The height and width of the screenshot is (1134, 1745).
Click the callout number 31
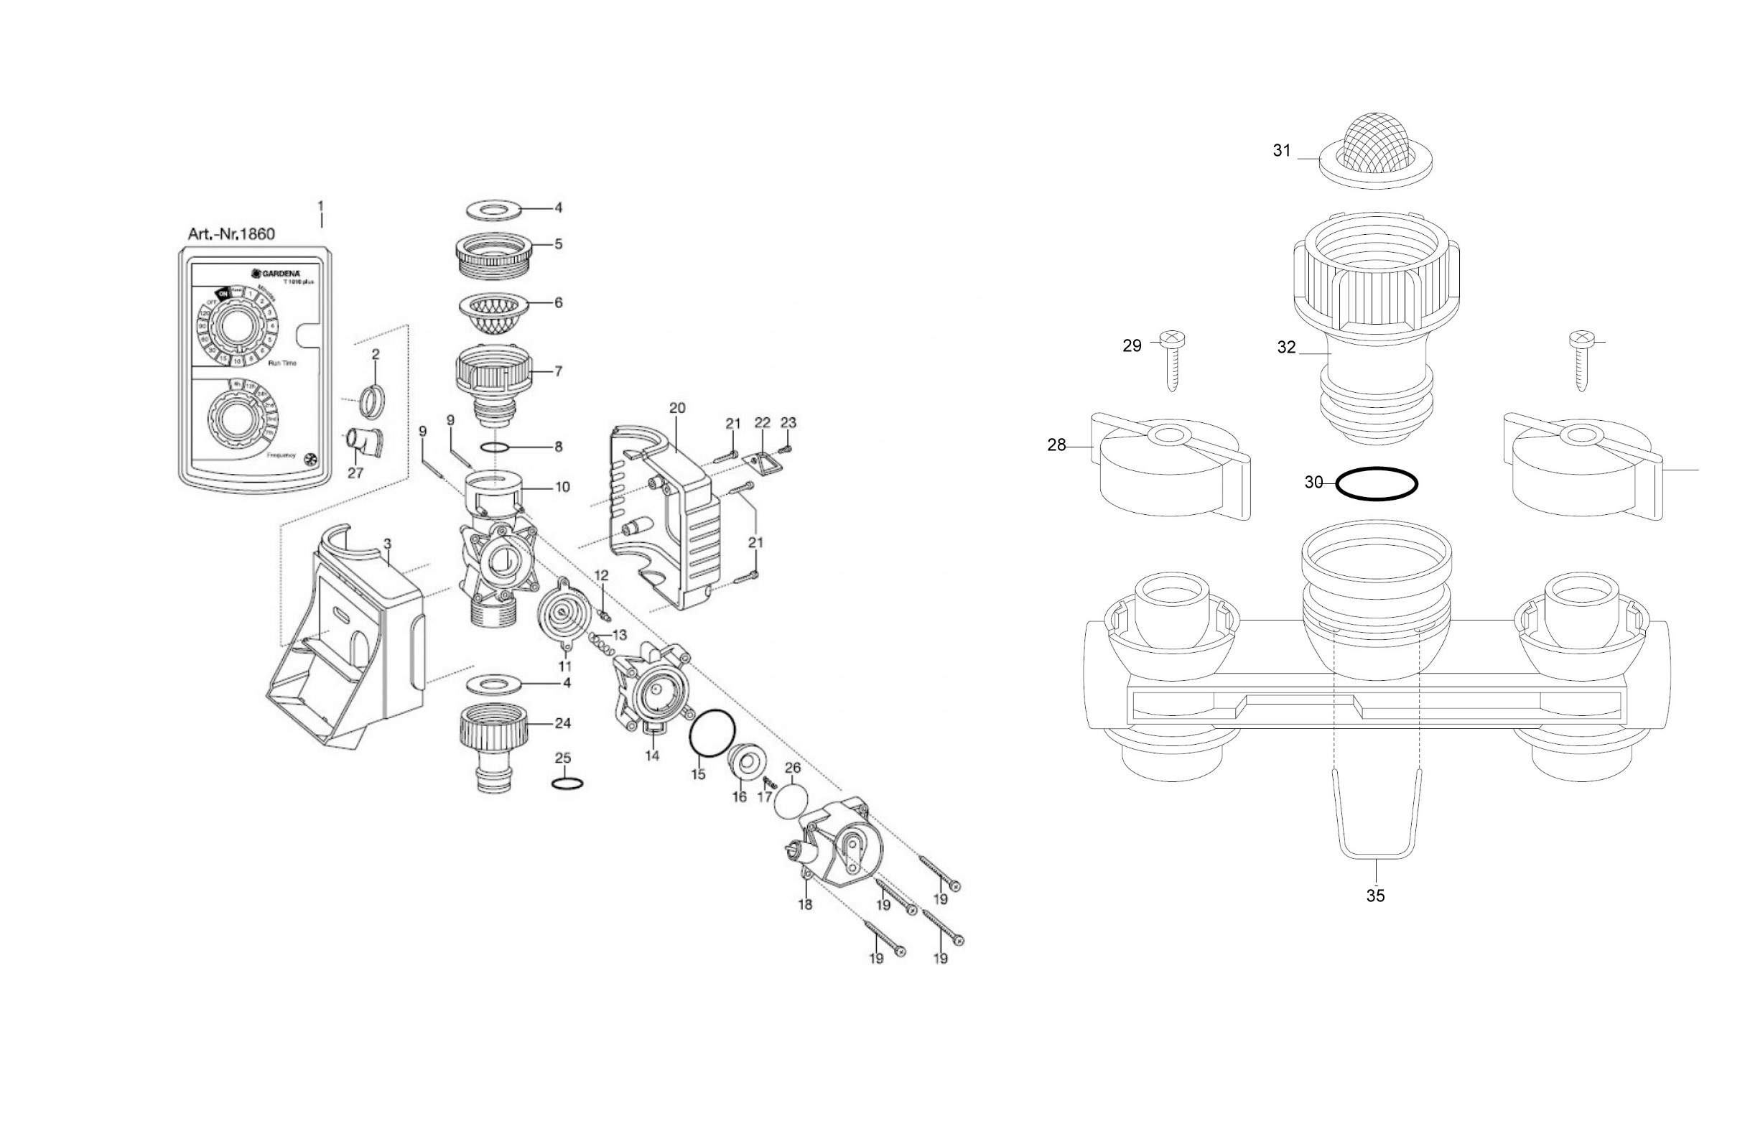(1281, 150)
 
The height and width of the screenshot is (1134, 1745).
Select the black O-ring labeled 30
(1376, 484)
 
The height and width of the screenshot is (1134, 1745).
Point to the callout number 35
(1375, 895)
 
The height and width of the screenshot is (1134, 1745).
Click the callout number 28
(1056, 445)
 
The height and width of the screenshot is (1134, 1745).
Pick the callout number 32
(1287, 347)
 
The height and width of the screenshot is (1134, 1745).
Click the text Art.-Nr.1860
(231, 234)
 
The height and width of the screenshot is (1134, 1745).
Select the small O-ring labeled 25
(567, 784)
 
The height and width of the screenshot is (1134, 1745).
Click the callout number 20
(676, 408)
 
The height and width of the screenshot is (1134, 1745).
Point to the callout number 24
(562, 723)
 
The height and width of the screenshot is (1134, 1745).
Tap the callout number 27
(355, 473)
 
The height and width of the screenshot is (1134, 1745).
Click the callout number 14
(652, 755)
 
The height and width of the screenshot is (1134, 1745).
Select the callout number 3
(387, 544)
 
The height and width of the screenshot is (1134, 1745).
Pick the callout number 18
(805, 905)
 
